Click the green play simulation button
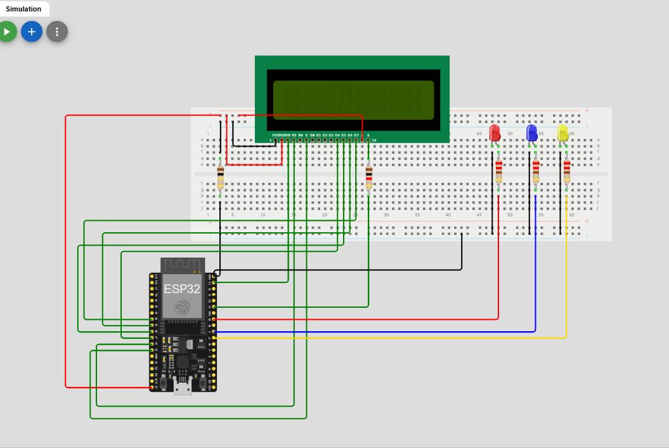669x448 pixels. pos(6,31)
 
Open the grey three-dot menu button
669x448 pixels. pos(57,31)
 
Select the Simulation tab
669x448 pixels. pos(23,9)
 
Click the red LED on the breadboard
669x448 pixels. pos(495,133)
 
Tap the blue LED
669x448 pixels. pos(532,133)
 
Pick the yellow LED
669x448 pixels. pos(562,133)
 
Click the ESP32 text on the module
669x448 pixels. pos(182,289)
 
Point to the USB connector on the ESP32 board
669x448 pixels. pos(183,385)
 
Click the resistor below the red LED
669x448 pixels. pos(498,170)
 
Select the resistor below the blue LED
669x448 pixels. pos(536,170)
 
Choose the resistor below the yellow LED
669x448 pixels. pos(566,170)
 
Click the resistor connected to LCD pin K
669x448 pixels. pos(368,177)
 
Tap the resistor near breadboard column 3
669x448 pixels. pos(220,177)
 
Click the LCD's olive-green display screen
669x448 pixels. pos(353,100)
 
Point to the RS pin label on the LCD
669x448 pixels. pos(294,135)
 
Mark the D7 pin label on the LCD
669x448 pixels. pos(356,135)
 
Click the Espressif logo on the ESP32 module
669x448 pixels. pos(182,308)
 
